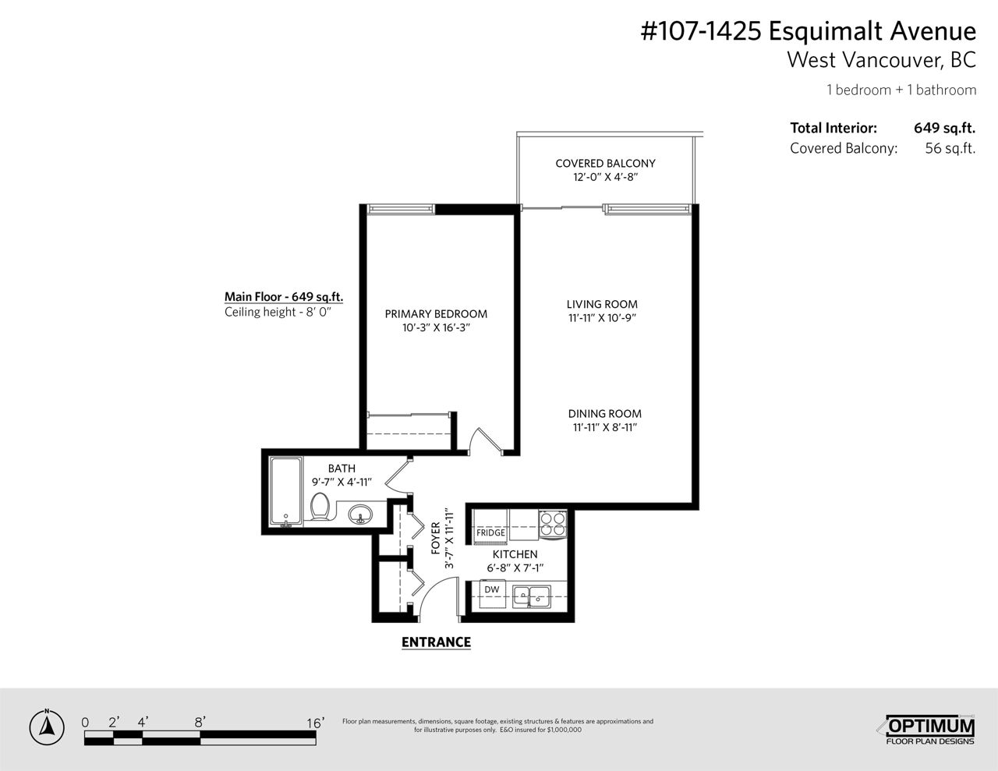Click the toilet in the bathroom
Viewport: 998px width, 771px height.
(x=320, y=507)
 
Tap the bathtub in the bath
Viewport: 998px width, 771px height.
(x=285, y=491)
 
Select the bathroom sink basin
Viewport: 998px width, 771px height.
(x=360, y=514)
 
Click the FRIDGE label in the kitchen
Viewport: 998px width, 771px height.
(x=490, y=532)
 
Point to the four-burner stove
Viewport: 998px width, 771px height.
(x=553, y=524)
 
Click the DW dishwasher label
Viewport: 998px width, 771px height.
(x=491, y=589)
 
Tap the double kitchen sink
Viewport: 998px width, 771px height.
(x=532, y=596)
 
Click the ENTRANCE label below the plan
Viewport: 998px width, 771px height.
(x=436, y=642)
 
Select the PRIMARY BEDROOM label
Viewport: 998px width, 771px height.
(x=436, y=314)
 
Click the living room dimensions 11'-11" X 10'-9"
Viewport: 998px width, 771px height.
(x=602, y=318)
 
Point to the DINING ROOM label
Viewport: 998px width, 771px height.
(x=604, y=414)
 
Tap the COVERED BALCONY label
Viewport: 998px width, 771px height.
(x=605, y=164)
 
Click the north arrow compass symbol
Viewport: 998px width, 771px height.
(x=47, y=728)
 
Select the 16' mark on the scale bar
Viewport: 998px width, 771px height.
(x=315, y=723)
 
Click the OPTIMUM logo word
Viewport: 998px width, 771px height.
(x=930, y=727)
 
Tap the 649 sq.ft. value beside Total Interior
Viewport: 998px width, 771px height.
(x=944, y=128)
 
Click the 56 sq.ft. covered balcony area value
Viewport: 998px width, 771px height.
(x=950, y=148)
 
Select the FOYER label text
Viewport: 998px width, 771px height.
(x=436, y=538)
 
